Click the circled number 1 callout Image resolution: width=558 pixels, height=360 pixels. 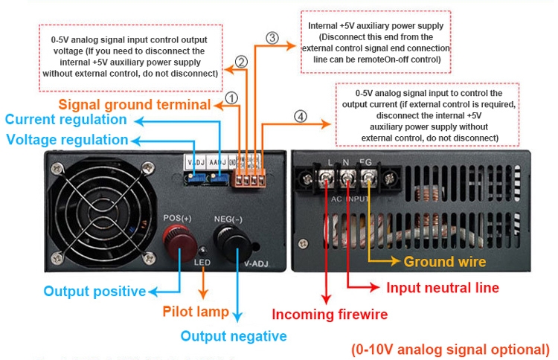coord(231,97)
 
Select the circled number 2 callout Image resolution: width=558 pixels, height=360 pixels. coord(241,62)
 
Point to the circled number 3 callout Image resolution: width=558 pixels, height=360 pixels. coord(272,37)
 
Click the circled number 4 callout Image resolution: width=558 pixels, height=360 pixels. coord(299,116)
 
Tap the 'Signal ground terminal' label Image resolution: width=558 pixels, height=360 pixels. coord(135,103)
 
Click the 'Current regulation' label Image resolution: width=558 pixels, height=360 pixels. coord(66,119)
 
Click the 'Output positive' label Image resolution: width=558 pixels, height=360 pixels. coord(94,291)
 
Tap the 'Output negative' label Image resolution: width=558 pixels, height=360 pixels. coord(234,336)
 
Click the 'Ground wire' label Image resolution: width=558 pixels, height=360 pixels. coord(445,261)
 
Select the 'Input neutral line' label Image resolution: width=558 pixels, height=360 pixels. coord(441,287)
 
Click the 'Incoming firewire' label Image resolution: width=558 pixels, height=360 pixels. coord(330,314)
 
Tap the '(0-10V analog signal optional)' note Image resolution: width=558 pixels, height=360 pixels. coord(450,349)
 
